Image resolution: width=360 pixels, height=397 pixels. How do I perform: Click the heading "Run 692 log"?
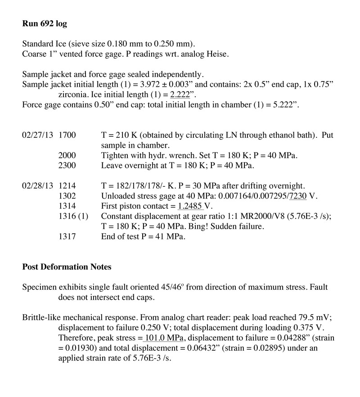point(45,24)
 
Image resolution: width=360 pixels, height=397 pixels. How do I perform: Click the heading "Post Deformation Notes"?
point(67,267)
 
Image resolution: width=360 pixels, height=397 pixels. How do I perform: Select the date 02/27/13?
point(37,135)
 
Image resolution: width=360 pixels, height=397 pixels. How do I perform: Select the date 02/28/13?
point(37,186)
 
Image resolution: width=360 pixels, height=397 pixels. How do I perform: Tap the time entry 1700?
point(67,135)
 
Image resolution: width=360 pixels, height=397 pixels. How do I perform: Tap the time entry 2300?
point(67,166)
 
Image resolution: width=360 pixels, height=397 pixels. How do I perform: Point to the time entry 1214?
point(67,186)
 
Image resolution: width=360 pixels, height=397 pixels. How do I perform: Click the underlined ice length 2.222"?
point(183,95)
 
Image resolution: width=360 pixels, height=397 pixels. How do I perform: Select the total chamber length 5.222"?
point(282,105)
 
